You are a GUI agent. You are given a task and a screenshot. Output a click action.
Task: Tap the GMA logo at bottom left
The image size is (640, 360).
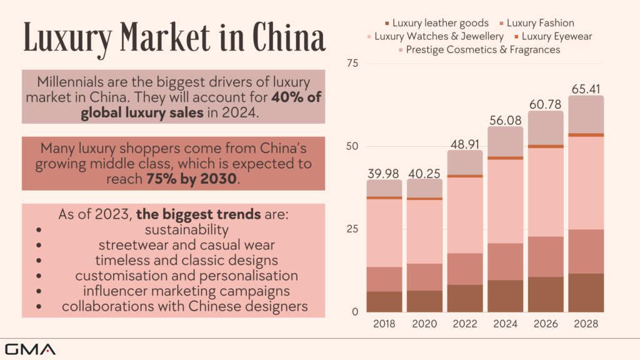(30, 349)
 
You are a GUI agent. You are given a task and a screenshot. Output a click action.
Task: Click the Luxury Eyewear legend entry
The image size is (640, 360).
(557, 36)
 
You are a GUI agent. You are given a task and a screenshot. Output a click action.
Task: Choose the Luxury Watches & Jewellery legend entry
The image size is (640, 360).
(439, 36)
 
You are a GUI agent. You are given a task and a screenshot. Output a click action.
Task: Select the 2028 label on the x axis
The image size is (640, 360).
(586, 324)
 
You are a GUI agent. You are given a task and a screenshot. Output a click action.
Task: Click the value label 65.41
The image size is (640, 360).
(586, 88)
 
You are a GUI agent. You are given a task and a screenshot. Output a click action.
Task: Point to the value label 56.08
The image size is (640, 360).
(505, 119)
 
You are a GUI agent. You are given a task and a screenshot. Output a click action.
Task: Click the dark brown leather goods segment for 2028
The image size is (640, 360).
(586, 292)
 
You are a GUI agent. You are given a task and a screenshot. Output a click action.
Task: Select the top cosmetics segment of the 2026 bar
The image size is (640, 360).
(546, 127)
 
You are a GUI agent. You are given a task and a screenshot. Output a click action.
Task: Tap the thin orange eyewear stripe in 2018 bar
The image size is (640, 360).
(384, 197)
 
